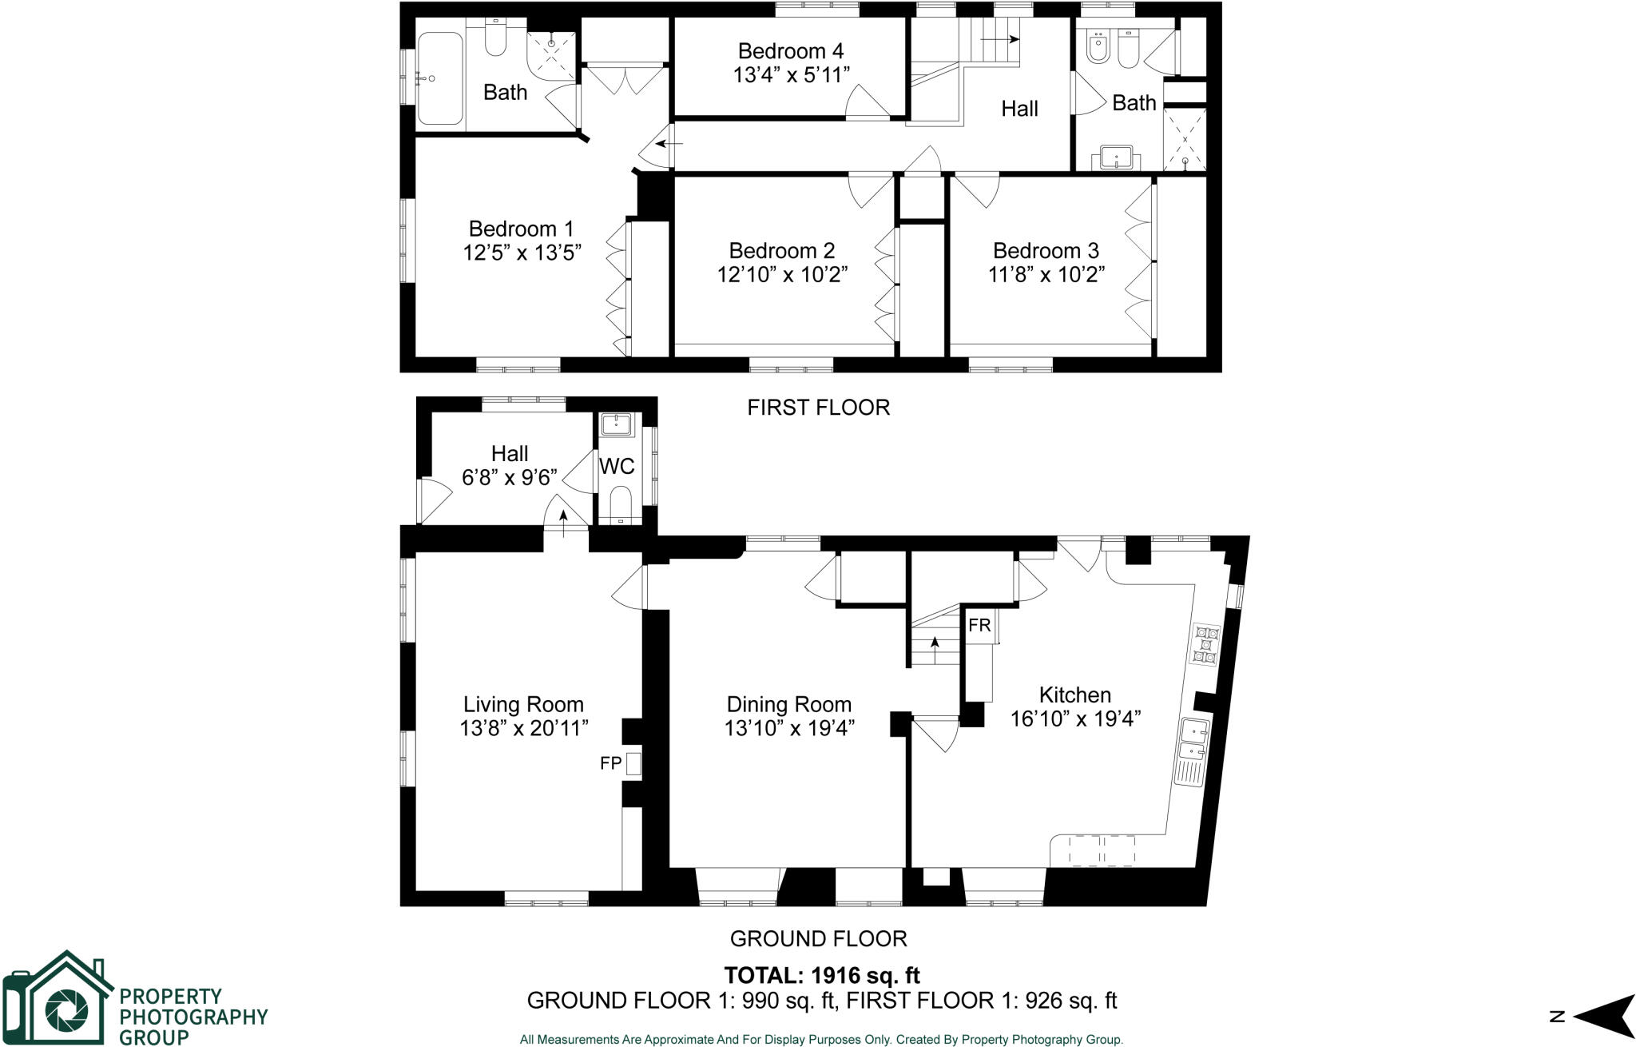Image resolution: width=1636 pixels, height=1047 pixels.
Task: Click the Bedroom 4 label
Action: (790, 51)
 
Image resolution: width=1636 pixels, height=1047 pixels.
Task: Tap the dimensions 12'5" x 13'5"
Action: (521, 253)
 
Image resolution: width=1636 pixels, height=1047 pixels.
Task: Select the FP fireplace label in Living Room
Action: (610, 763)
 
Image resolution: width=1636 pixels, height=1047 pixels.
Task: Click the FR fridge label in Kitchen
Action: (979, 625)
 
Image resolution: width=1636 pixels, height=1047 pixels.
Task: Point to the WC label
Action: (617, 466)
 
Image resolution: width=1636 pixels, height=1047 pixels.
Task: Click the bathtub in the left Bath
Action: (439, 78)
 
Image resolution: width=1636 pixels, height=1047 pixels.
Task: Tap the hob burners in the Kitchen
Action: (1205, 645)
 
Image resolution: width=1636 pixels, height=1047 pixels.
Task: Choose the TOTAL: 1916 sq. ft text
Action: (821, 975)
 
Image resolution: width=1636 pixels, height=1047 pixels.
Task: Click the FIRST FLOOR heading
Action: (818, 408)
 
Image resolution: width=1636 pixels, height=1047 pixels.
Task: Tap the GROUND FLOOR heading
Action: (818, 938)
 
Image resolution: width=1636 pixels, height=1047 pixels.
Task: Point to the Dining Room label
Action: (788, 704)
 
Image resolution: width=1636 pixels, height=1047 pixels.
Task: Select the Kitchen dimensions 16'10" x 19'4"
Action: (1074, 719)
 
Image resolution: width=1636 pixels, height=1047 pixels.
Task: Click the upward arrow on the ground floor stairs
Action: (935, 644)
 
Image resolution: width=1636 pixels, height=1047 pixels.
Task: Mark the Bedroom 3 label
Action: (1046, 250)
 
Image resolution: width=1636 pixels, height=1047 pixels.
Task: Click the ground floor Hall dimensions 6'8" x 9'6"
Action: (509, 477)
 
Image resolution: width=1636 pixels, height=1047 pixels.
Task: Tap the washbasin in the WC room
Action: (616, 424)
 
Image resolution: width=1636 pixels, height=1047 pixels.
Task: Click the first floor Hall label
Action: (1019, 109)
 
